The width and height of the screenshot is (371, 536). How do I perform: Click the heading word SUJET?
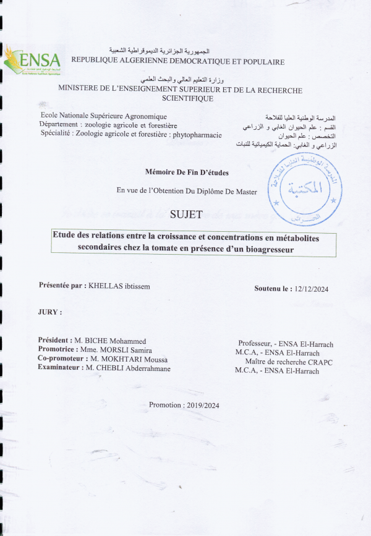click(x=185, y=215)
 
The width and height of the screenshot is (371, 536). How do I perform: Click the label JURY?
click(x=50, y=312)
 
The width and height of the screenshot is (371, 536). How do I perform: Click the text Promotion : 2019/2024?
click(x=184, y=405)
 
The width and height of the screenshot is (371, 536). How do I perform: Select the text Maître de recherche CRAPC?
click(x=288, y=362)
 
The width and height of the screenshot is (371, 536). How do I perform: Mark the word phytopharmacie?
click(x=197, y=134)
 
